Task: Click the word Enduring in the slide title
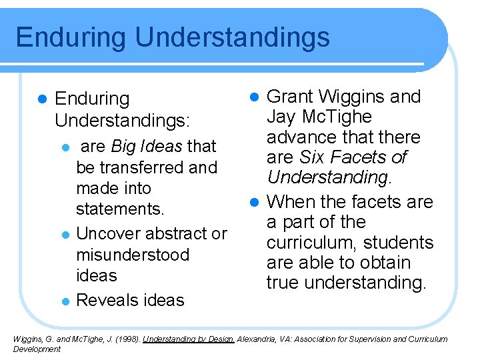coord(71,37)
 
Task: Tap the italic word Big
coord(124,146)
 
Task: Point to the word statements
coord(120,209)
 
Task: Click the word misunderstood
coord(133,255)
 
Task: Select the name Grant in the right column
coord(290,97)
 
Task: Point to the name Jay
coord(281,117)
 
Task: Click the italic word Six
coord(313,157)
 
